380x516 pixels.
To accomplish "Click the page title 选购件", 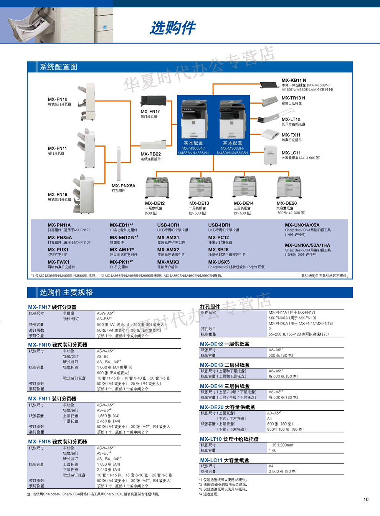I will [173, 28].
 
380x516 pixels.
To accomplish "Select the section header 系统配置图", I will [58, 67].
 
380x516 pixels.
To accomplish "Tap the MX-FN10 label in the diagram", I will [58, 99].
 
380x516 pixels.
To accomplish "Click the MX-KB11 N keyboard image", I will [269, 84].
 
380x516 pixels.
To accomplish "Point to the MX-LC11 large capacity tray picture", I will [270, 155].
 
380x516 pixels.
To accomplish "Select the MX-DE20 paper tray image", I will [289, 187].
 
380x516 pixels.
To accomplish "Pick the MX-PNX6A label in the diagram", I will [124, 186].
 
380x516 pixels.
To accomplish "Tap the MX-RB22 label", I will [150, 154].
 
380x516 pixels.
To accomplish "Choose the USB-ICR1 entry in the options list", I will [168, 225].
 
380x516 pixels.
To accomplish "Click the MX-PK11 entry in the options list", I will [121, 262].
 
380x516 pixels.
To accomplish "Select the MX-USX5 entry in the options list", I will [219, 262].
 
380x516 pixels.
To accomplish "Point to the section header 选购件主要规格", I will [66, 292].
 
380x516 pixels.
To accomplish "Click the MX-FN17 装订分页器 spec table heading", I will [52, 307].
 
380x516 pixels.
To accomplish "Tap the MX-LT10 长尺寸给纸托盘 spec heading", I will [229, 439].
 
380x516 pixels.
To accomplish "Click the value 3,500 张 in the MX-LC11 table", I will [283, 471].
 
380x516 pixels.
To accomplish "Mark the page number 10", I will [366, 499].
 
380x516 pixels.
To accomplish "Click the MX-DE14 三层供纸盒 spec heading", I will [225, 386].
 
